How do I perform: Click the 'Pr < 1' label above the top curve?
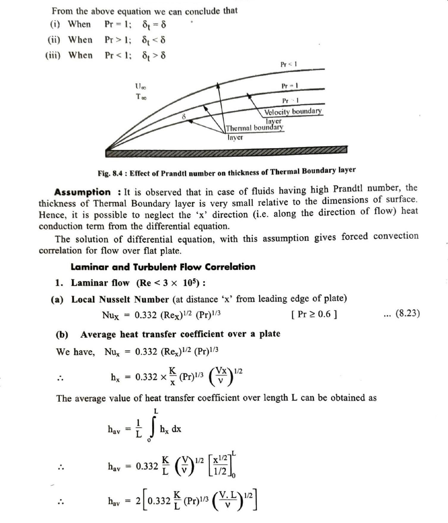click(289, 64)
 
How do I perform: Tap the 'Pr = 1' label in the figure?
click(289, 86)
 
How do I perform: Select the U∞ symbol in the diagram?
click(141, 87)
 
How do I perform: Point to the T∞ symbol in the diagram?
click(141, 97)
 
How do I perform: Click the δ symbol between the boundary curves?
click(184, 116)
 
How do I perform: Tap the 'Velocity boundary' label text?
click(293, 111)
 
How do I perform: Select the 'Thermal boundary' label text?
click(254, 128)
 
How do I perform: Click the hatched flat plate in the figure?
click(226, 151)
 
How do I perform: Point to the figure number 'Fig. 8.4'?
click(110, 173)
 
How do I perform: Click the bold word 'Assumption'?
click(82, 192)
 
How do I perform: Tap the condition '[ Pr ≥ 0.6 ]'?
click(314, 314)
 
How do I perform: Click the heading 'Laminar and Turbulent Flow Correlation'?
click(163, 267)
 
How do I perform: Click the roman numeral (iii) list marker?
click(53, 55)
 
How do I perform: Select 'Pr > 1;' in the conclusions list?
click(118, 40)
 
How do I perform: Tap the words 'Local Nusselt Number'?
click(120, 299)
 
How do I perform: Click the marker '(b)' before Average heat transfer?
click(62, 335)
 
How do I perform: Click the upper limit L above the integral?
click(156, 411)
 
